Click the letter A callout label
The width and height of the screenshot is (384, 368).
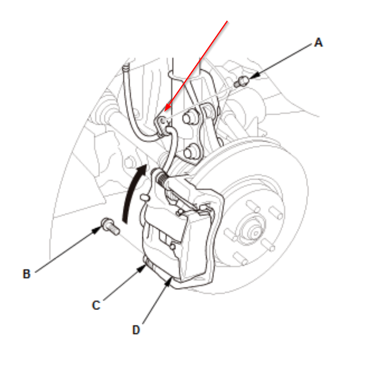point(318,43)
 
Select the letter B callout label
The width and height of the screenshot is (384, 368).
point(26,274)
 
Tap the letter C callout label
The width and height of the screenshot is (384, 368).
point(96,305)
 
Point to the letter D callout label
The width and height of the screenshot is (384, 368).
point(136,330)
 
